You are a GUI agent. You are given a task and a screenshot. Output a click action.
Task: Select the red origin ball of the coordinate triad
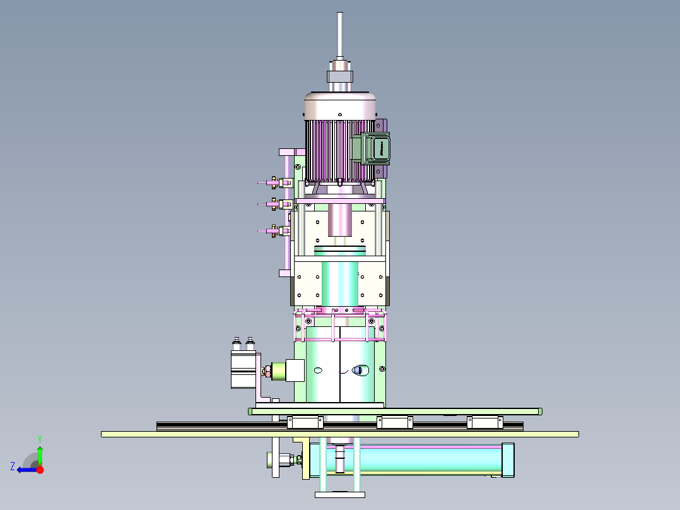(40, 470)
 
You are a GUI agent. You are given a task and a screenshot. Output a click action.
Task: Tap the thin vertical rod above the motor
(340, 35)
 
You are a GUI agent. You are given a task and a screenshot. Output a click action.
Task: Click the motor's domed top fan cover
(341, 105)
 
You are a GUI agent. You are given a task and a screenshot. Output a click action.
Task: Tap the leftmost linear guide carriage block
(305, 422)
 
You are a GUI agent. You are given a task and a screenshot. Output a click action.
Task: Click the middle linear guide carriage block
(395, 422)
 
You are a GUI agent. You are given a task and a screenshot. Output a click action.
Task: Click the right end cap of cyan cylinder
(507, 460)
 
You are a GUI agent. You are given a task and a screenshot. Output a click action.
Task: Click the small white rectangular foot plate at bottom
(339, 494)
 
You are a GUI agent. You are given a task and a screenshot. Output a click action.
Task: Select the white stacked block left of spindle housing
(243, 369)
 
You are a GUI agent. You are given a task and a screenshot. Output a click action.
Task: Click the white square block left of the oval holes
(295, 370)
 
